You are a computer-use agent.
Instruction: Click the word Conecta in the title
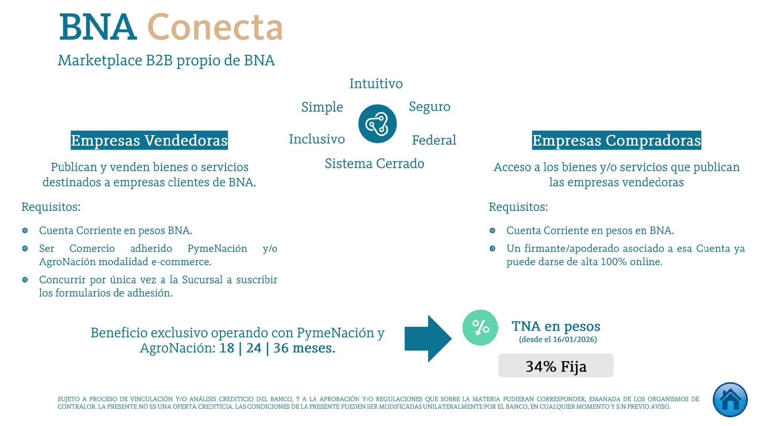click(x=215, y=27)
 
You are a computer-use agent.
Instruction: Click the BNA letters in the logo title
click(x=98, y=27)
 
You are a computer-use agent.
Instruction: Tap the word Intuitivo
click(x=376, y=84)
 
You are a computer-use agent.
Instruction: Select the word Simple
click(x=322, y=107)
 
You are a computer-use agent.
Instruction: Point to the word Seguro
click(x=430, y=107)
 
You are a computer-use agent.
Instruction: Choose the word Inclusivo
click(x=317, y=139)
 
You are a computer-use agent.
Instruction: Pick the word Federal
click(x=434, y=140)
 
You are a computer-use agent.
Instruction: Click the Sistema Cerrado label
click(x=374, y=164)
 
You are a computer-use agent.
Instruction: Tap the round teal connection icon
click(x=377, y=124)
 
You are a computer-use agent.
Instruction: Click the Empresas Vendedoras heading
click(x=149, y=140)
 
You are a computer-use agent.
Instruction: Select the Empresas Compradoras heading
click(x=617, y=140)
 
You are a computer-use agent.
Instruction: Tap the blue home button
click(x=730, y=399)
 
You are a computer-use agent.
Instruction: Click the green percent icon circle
click(x=480, y=328)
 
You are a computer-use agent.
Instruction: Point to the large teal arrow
click(x=428, y=339)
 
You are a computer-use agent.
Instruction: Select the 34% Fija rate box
click(x=556, y=365)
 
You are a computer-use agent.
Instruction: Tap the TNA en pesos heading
click(x=556, y=326)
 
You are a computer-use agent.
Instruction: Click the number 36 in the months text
click(x=281, y=348)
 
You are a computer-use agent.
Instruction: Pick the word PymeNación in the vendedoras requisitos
click(x=217, y=248)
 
